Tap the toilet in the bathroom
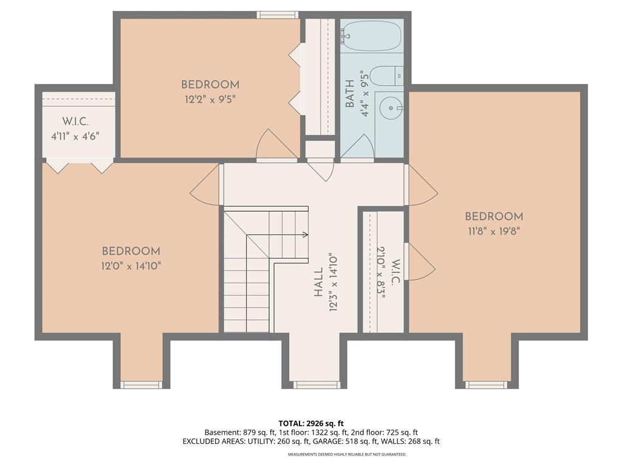[387, 76]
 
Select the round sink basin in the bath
[391, 108]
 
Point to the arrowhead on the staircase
[306, 234]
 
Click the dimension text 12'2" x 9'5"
[210, 99]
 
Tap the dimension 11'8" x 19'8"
[494, 231]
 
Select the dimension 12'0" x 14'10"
[131, 266]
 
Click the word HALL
[318, 282]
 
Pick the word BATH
[350, 94]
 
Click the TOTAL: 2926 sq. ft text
[311, 423]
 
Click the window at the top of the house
[277, 15]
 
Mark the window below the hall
[314, 384]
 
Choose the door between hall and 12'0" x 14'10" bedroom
[205, 185]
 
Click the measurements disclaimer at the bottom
[347, 454]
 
